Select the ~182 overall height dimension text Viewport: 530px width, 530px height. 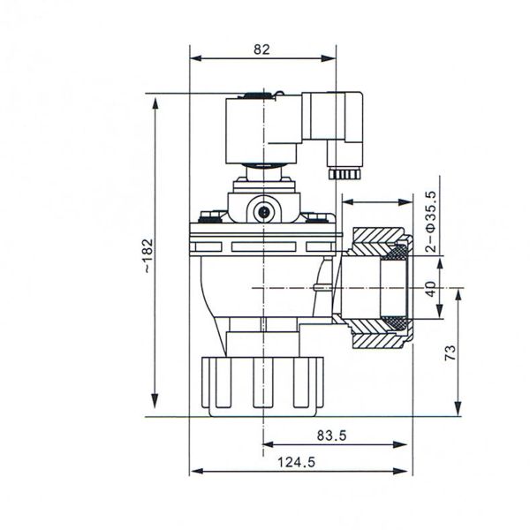147,254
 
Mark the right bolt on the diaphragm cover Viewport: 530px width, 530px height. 315,215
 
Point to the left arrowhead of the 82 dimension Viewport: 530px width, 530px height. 194,59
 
